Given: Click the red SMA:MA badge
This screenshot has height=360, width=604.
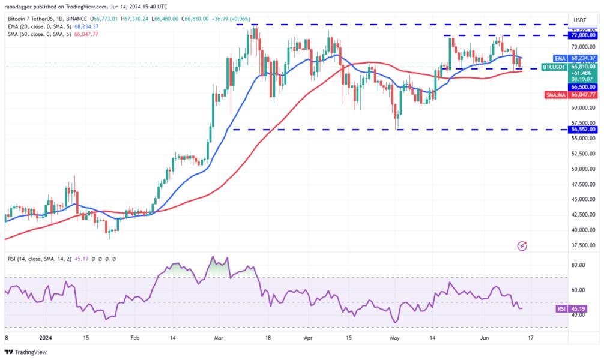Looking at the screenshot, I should (555, 95).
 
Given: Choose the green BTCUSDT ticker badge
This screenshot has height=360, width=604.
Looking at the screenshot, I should (554, 67).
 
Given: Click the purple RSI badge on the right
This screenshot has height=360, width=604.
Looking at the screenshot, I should (560, 309).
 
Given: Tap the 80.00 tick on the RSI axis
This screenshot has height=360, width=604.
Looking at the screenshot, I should (577, 265).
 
